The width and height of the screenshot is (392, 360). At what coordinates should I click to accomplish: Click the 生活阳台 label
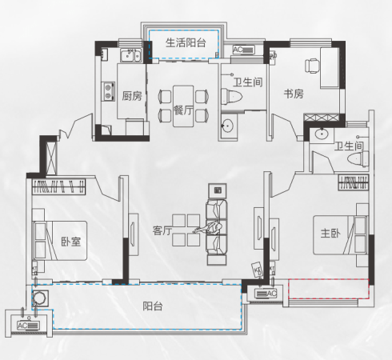[x=186, y=42]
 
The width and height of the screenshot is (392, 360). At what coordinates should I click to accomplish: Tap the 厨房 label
[x=132, y=96]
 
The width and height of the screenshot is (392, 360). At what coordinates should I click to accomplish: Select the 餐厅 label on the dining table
[x=183, y=110]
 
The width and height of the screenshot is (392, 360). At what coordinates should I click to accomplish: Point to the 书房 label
[x=294, y=94]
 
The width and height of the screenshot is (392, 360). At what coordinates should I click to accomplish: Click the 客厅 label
[x=162, y=230]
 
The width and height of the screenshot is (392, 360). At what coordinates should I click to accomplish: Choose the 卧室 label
[x=71, y=242]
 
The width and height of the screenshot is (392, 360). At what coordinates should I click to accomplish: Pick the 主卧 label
[x=330, y=233]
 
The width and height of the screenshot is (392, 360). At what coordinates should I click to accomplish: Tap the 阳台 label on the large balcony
[x=153, y=306]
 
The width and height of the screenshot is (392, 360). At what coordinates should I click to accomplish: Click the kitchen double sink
[x=130, y=55]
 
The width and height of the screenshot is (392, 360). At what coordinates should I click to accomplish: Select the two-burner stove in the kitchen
[x=108, y=91]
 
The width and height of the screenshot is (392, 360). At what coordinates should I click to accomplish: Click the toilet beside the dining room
[x=231, y=96]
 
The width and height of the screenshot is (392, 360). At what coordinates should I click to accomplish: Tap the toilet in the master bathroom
[x=358, y=159]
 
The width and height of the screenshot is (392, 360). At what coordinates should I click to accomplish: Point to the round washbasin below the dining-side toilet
[x=227, y=126]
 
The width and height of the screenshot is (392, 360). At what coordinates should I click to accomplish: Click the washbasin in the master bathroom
[x=322, y=134]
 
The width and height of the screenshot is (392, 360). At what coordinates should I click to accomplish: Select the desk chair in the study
[x=312, y=66]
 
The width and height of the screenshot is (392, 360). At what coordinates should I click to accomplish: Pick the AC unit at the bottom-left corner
[x=28, y=326]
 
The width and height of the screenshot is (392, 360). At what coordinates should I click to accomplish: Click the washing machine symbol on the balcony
[x=40, y=298]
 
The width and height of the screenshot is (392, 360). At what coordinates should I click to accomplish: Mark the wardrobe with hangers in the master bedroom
[x=354, y=182]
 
